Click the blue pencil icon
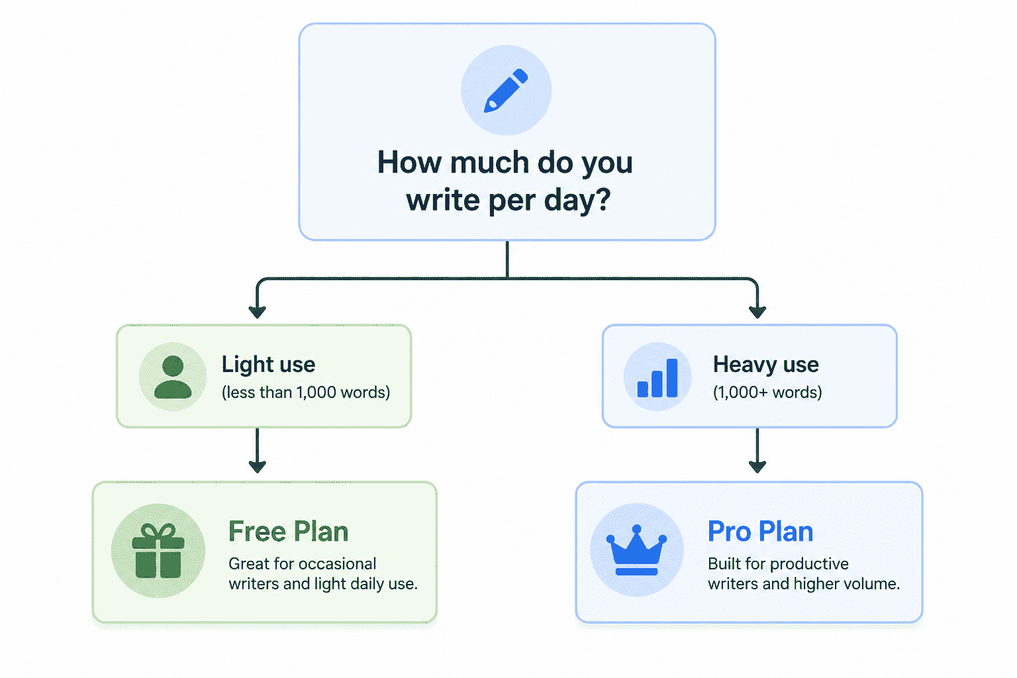[x=506, y=90]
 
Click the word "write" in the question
[x=443, y=200]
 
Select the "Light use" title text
[x=268, y=365]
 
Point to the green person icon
[x=173, y=377]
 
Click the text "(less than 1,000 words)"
[x=305, y=393]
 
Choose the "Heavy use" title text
[x=765, y=365]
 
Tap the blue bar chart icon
[x=657, y=378]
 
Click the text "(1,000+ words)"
[x=767, y=393]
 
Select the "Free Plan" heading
[x=288, y=531]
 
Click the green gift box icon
[x=158, y=550]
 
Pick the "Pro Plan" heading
[x=761, y=531]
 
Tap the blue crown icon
[x=636, y=550]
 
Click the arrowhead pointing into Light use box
[x=258, y=312]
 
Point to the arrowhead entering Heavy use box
[x=757, y=312]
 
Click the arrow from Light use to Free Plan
[x=258, y=450]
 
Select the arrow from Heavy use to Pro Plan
[x=757, y=450]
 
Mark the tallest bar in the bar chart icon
[x=672, y=378]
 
